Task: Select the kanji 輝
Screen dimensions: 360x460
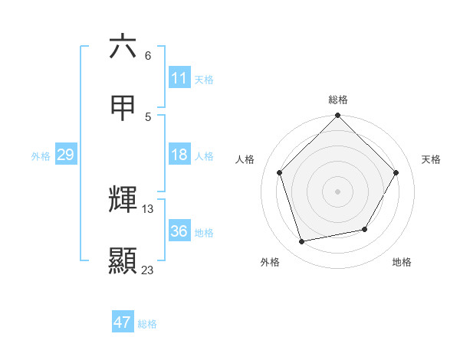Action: pos(123,199)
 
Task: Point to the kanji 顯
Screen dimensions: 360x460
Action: pos(123,260)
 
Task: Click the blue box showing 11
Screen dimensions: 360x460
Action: pos(179,78)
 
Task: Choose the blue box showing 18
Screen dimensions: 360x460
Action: pos(179,155)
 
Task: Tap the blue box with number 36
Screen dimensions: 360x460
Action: pos(179,231)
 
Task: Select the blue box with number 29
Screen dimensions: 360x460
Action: pos(65,155)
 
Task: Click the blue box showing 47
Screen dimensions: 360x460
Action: pos(123,322)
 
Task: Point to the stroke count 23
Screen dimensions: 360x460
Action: pos(147,270)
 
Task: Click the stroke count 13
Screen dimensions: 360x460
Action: pos(148,208)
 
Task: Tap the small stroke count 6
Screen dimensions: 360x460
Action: pos(148,56)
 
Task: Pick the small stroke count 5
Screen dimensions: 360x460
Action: pos(148,116)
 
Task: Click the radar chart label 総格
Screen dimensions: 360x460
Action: pos(338,100)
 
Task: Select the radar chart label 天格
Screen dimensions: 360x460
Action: pos(431,159)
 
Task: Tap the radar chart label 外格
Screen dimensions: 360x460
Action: pos(270,262)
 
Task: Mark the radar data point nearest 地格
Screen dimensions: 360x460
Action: pos(365,229)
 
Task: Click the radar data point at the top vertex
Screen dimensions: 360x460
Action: pos(338,116)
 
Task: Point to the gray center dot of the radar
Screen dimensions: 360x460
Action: pos(338,191)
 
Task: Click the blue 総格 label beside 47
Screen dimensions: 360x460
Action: pos(147,324)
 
